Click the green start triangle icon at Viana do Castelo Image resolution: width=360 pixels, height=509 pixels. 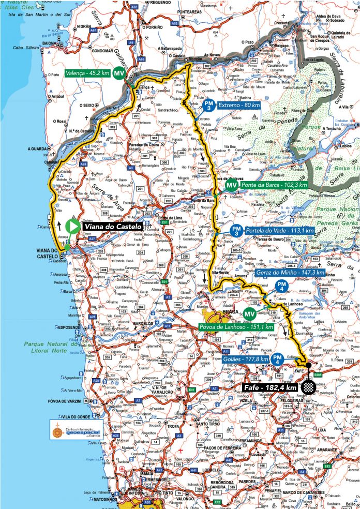tap(73, 226)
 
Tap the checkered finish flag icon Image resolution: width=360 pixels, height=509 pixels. tap(309, 385)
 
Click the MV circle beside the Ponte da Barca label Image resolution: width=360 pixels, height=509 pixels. tap(231, 185)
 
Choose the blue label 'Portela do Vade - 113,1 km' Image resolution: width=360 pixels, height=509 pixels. tap(280, 230)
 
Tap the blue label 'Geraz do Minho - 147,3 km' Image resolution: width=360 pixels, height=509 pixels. tap(290, 272)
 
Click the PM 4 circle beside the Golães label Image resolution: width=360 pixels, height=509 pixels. tap(278, 359)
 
